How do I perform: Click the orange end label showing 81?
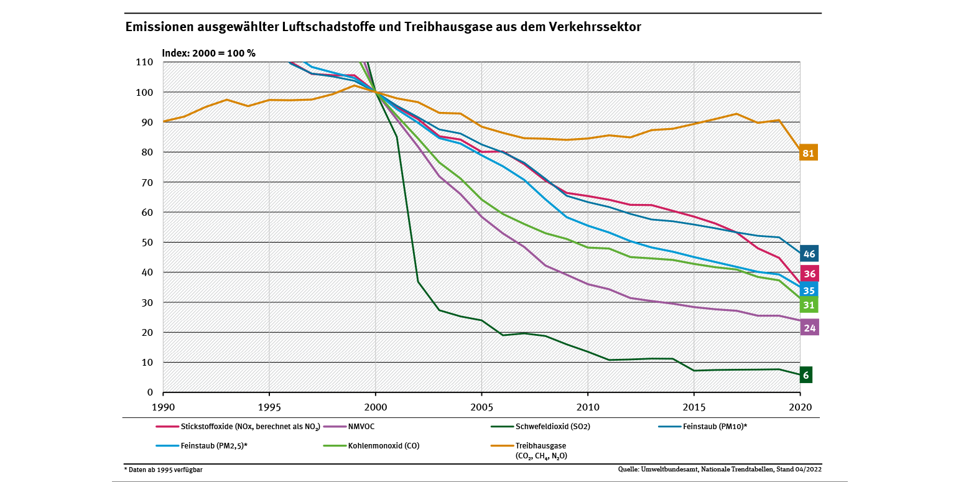point(808,152)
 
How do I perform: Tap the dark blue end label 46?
point(809,253)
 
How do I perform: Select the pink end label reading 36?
point(809,273)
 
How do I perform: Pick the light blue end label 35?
point(809,290)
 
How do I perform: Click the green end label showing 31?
point(809,305)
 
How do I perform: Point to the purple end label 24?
point(809,327)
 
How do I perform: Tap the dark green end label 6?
point(806,375)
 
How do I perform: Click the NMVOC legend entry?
point(361,427)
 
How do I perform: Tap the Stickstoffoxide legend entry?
point(249,427)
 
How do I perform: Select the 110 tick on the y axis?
point(144,62)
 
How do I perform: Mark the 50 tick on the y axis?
point(147,243)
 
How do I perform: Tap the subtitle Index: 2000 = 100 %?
point(208,53)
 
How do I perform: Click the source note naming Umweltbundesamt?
point(720,470)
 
